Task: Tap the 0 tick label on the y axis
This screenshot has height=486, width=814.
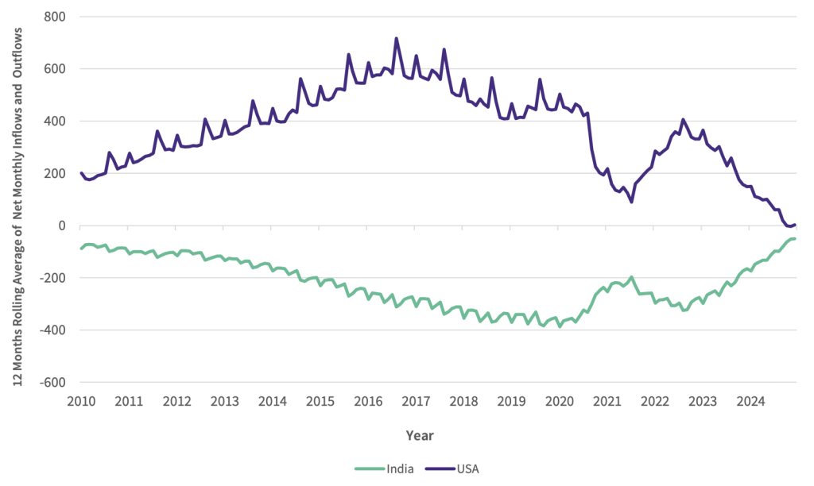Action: click(62, 226)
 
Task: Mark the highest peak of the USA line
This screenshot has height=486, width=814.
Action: click(396, 38)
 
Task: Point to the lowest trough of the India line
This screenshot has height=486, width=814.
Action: click(559, 326)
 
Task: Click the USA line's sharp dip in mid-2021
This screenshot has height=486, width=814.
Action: click(631, 202)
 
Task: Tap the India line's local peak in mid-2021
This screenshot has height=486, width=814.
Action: click(631, 277)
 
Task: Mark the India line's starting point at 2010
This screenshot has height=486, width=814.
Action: click(81, 249)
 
